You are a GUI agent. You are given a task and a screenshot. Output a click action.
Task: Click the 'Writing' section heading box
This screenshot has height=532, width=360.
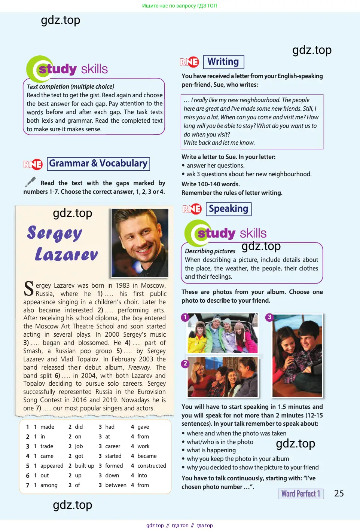tap(223, 62)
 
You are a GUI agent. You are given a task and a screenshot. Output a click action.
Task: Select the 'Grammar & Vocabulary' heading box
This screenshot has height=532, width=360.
tap(98, 164)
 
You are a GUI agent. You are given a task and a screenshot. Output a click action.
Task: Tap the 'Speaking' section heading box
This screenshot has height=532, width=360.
tap(228, 209)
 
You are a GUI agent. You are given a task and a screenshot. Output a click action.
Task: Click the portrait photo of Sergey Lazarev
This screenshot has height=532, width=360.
tap(140, 242)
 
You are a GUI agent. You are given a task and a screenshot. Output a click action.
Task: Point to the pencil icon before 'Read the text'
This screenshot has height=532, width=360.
tap(30, 182)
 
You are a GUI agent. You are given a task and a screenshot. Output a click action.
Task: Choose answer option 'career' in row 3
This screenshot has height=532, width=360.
tap(113, 446)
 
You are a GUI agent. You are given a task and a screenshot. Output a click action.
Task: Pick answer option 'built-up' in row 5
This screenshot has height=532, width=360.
tap(85, 466)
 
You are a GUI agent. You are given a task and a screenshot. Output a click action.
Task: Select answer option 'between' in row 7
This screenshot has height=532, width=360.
tap(116, 485)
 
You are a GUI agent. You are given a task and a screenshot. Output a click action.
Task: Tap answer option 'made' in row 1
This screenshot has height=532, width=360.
tap(47, 427)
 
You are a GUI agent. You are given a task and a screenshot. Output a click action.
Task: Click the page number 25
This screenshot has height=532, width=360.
tap(339, 493)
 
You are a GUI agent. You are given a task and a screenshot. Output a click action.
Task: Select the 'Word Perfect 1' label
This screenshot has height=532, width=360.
tap(300, 494)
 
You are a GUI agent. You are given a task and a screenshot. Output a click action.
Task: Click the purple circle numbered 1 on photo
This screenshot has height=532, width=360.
tap(185, 317)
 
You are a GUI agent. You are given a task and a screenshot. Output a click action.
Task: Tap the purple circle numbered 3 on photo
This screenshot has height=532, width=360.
tap(269, 317)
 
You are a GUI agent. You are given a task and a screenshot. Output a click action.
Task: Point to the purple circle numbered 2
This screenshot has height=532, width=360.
tap(185, 364)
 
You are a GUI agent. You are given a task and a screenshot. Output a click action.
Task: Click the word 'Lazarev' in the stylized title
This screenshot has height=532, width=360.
tap(67, 254)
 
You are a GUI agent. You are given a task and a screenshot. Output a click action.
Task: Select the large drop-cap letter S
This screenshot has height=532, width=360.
tap(29, 289)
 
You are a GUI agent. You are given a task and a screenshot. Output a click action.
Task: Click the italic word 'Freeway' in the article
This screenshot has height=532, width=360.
tap(139, 367)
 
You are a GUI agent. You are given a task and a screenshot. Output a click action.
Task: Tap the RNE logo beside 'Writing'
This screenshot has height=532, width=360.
tap(189, 62)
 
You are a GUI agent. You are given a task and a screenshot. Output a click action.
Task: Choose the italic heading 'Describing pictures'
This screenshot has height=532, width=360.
tap(210, 251)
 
